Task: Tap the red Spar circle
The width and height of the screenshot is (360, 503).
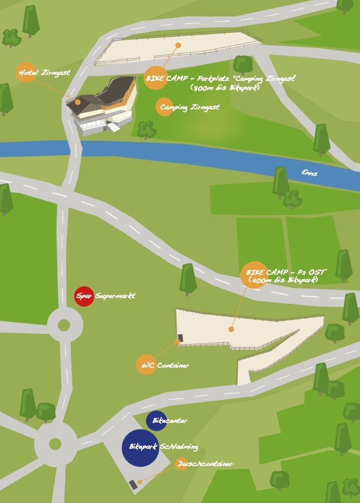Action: pyautogui.click(x=84, y=296)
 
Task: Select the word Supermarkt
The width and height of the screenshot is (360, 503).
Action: pyautogui.click(x=115, y=296)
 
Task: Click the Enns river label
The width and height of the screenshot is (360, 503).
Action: pyautogui.click(x=309, y=173)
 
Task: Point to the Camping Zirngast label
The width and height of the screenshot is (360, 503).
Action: pyautogui.click(x=189, y=106)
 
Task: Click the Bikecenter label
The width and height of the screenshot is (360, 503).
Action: pyautogui.click(x=170, y=420)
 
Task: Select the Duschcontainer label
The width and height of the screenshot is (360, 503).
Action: pyautogui.click(x=204, y=464)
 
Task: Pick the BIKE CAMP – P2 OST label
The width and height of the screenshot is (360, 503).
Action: pyautogui.click(x=286, y=272)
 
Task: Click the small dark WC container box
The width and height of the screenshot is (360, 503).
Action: pyautogui.click(x=181, y=338)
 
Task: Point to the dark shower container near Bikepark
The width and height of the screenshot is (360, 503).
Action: pyautogui.click(x=134, y=484)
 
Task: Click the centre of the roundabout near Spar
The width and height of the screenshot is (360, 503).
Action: pyautogui.click(x=64, y=325)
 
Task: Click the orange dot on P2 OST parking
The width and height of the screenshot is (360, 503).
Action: pyautogui.click(x=231, y=329)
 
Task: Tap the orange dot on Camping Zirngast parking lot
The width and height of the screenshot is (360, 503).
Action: pyautogui.click(x=178, y=45)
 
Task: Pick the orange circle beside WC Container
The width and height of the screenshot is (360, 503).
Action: pyautogui.click(x=146, y=364)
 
